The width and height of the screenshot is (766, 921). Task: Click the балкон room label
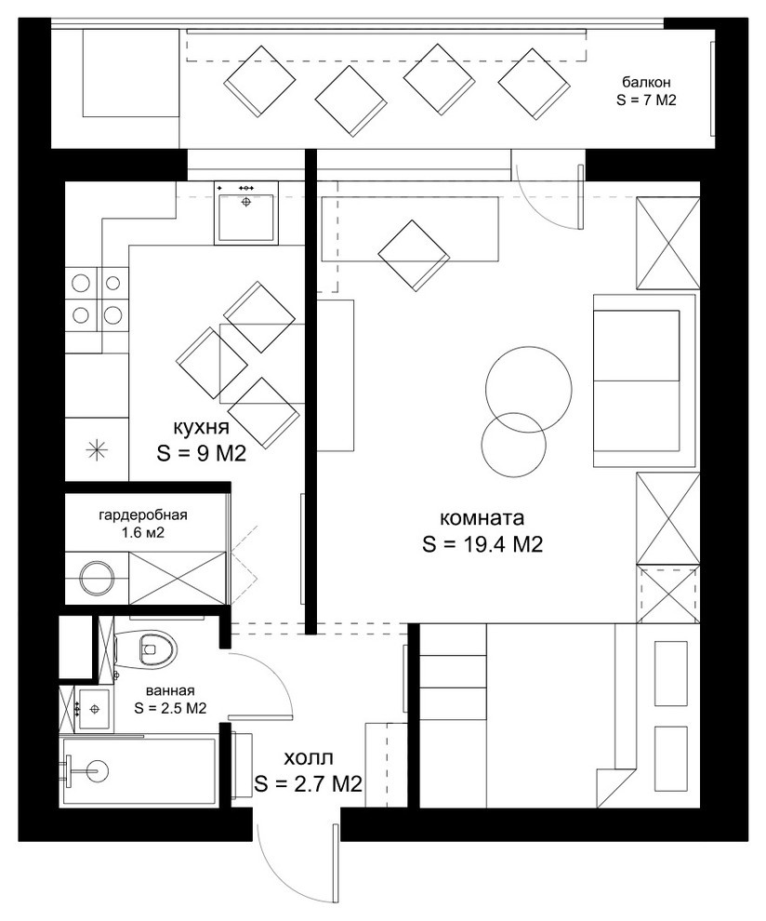(645, 81)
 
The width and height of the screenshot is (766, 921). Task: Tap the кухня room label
(201, 427)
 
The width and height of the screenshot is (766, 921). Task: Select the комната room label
(482, 518)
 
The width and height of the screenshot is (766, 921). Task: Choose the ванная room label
(170, 690)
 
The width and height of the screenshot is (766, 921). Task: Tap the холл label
(308, 757)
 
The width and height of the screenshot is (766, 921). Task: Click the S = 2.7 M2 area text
(308, 785)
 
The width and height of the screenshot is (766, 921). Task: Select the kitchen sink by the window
(246, 212)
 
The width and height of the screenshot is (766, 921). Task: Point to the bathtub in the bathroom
(139, 770)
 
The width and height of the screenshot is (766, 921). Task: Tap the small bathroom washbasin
(94, 710)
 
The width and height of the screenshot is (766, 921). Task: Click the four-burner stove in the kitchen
(97, 300)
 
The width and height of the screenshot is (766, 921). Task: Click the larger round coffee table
(528, 389)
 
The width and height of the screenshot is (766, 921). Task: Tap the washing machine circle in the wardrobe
(96, 578)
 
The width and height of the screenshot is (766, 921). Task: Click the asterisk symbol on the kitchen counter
(97, 449)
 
